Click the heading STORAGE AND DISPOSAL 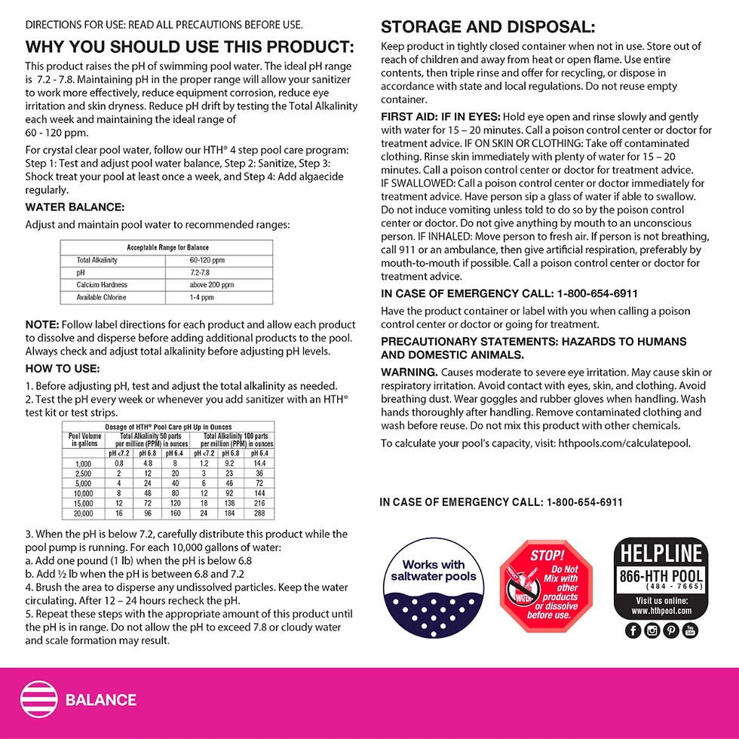[488, 28]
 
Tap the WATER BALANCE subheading [75, 207]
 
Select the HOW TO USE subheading [63, 368]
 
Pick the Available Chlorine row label [102, 297]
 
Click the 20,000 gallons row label [84, 513]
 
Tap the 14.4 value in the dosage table [259, 464]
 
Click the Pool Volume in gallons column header [84, 440]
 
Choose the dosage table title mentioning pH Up [168, 427]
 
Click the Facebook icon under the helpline [633, 631]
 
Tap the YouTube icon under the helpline [690, 631]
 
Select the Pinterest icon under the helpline [671, 631]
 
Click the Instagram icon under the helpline [652, 631]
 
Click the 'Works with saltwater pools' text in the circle [434, 570]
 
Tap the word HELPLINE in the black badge [661, 554]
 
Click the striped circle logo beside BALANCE [38, 699]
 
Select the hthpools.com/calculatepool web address [624, 443]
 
